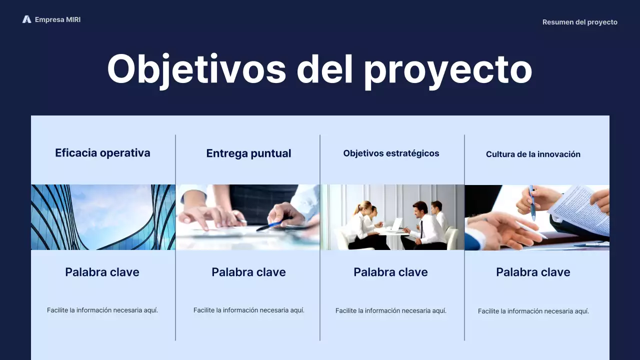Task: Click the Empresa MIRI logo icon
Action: click(x=26, y=19)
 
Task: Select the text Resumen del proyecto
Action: click(x=579, y=22)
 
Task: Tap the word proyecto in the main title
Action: click(x=447, y=70)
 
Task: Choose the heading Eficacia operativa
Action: click(x=102, y=153)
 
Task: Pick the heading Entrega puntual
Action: click(x=248, y=153)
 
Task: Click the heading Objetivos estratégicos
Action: click(x=391, y=153)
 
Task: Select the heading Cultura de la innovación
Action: click(x=533, y=154)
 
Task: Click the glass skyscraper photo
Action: click(x=103, y=217)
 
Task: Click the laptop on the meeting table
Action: click(x=396, y=224)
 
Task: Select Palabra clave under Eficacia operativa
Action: click(x=102, y=272)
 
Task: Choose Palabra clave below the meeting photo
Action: click(x=390, y=272)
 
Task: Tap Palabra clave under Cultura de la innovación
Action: click(x=533, y=272)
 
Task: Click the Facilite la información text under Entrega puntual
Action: click(x=248, y=310)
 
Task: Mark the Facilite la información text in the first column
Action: click(x=102, y=310)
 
